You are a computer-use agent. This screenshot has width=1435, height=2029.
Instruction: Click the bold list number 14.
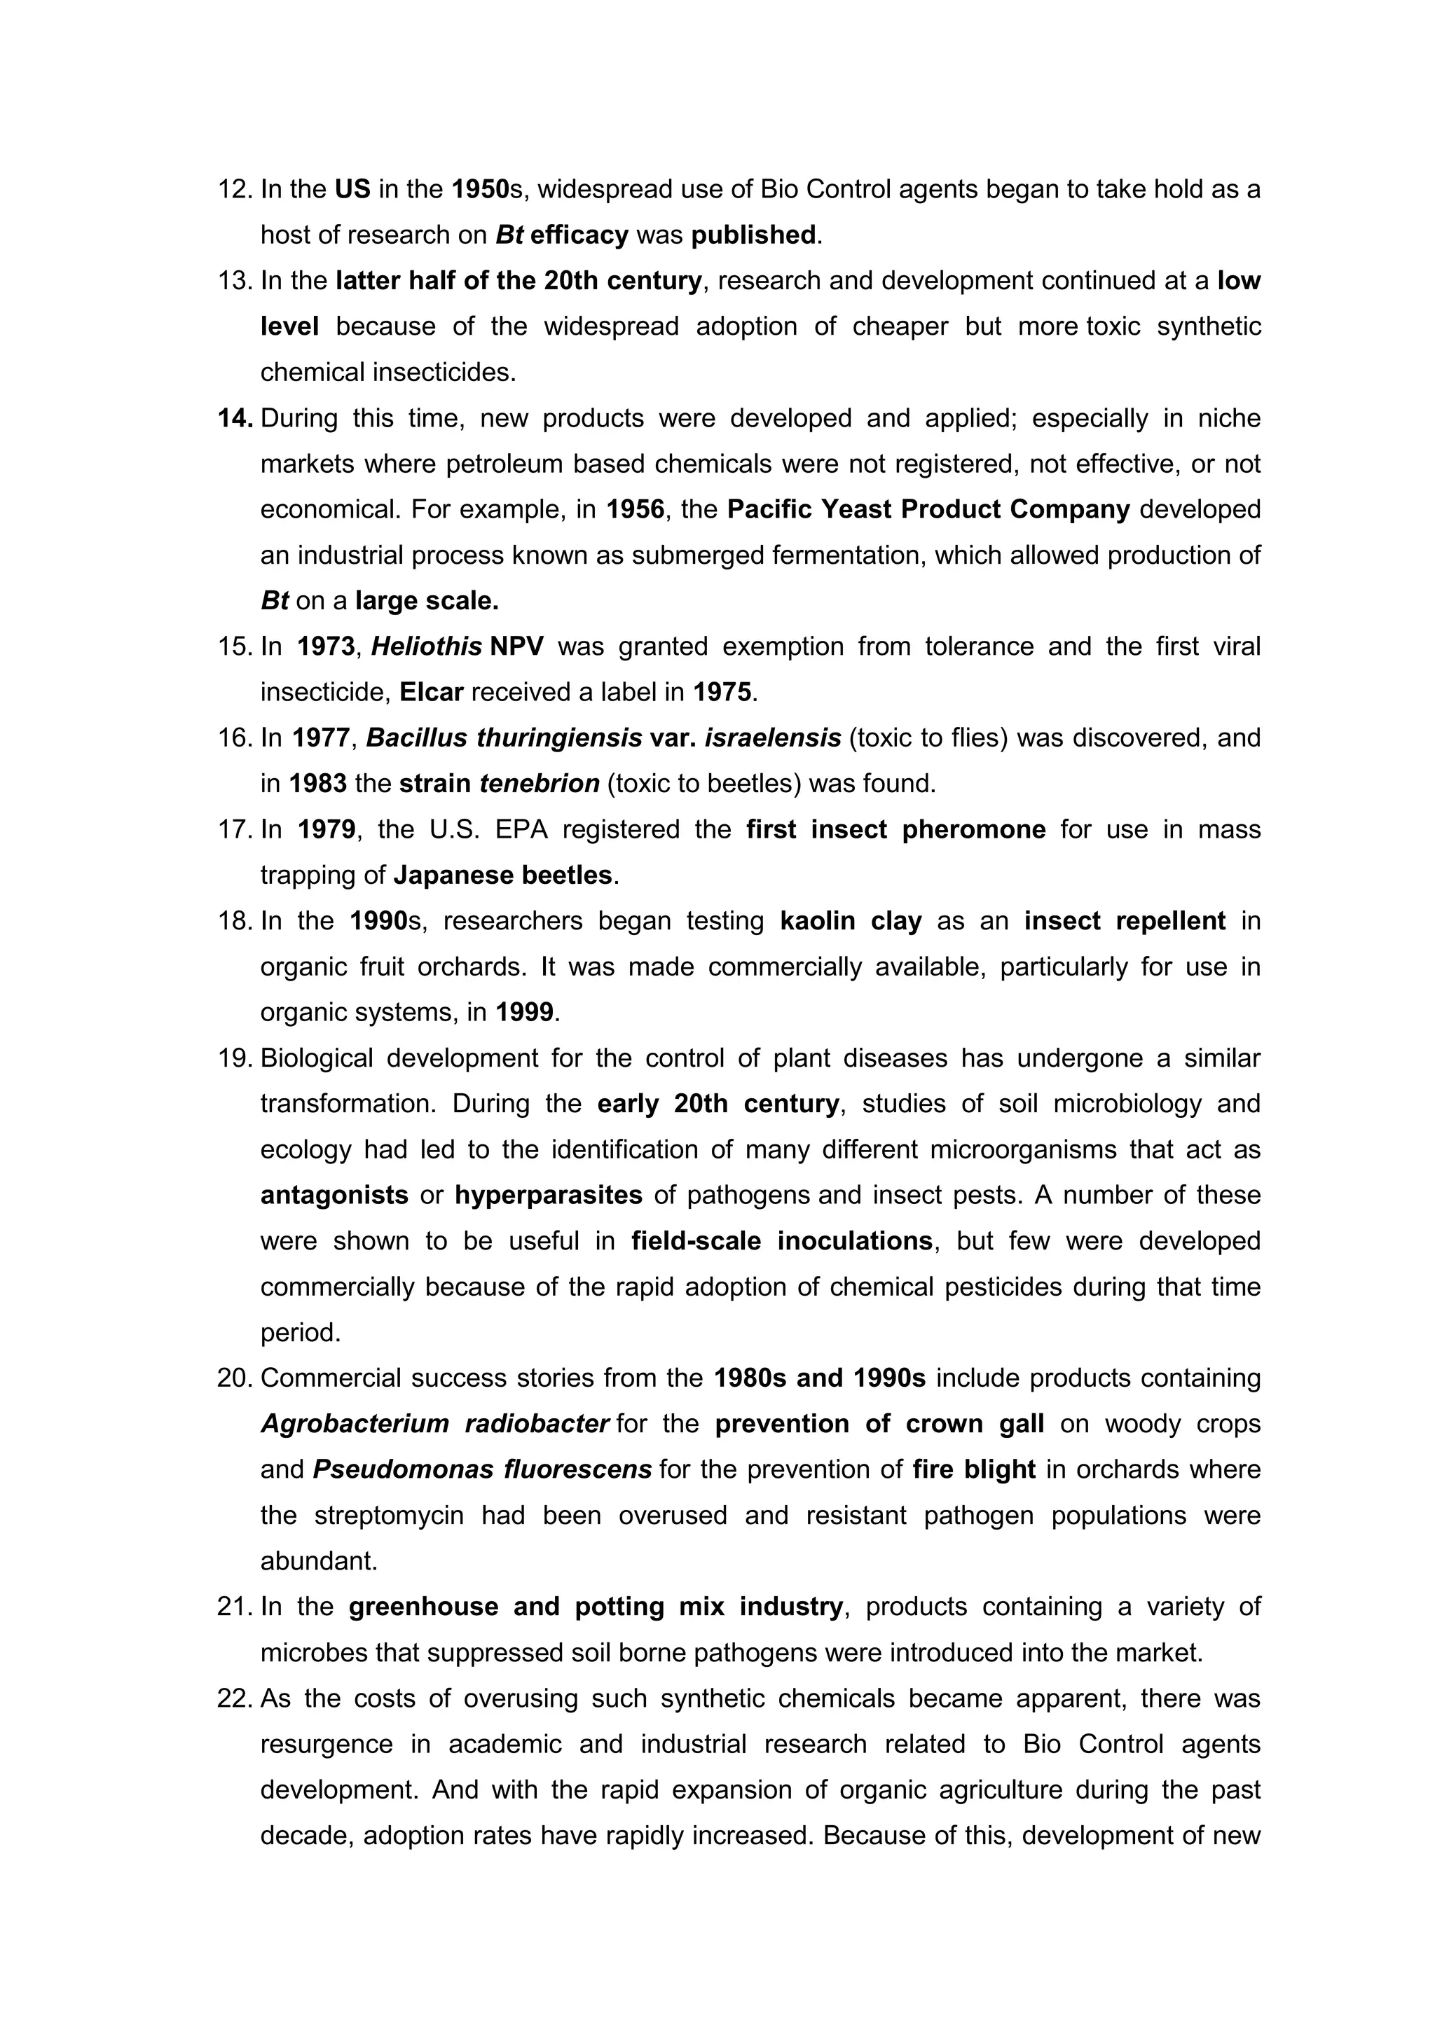pyautogui.click(x=235, y=418)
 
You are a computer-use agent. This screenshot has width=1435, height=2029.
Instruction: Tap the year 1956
pyautogui.click(x=635, y=510)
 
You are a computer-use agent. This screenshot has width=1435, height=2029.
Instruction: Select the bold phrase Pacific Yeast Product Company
pyautogui.click(x=928, y=510)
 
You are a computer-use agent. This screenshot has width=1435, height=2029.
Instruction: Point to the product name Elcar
pyautogui.click(x=431, y=692)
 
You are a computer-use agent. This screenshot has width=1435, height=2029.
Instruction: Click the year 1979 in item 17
pyautogui.click(x=327, y=830)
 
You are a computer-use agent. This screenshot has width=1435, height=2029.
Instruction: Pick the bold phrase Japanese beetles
pyautogui.click(x=502, y=875)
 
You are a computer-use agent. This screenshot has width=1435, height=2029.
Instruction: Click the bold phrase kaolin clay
pyautogui.click(x=851, y=922)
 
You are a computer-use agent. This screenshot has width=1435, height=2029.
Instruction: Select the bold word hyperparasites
pyautogui.click(x=548, y=1196)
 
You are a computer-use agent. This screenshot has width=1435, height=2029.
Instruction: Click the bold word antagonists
pyautogui.click(x=334, y=1196)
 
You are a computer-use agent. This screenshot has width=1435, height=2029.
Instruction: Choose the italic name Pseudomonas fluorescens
pyautogui.click(x=482, y=1469)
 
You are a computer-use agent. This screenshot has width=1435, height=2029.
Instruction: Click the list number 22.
pyautogui.click(x=235, y=1698)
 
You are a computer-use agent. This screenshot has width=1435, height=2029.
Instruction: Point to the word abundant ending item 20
pyautogui.click(x=318, y=1562)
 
